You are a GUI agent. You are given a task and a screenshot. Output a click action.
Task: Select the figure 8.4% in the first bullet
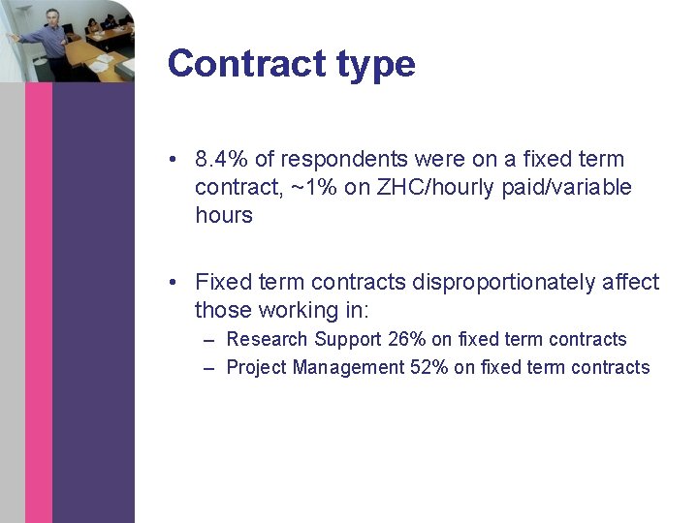(222, 159)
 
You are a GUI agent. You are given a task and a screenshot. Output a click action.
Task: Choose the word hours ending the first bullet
(224, 215)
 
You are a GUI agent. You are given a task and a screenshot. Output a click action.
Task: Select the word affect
(630, 282)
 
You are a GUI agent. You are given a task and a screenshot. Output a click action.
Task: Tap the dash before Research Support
(210, 339)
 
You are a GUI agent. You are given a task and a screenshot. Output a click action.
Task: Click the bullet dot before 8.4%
(171, 159)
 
